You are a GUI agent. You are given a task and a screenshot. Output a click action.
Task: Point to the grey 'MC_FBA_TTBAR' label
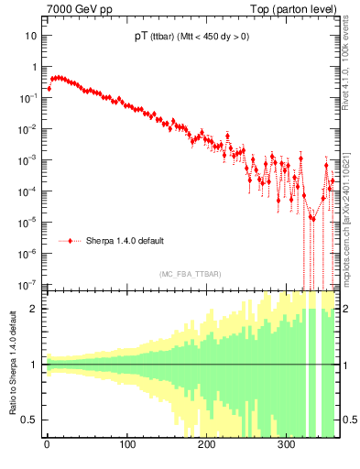190,274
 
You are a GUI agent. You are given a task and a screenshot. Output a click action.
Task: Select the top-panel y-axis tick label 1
34,67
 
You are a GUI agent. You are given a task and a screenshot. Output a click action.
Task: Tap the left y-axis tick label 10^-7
28,284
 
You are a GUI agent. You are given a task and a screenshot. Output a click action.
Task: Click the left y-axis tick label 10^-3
28,159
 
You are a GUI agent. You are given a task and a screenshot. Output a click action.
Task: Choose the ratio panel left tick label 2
34,309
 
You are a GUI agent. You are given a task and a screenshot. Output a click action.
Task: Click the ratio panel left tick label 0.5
30,420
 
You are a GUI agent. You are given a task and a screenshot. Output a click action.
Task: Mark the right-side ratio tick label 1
344,365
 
